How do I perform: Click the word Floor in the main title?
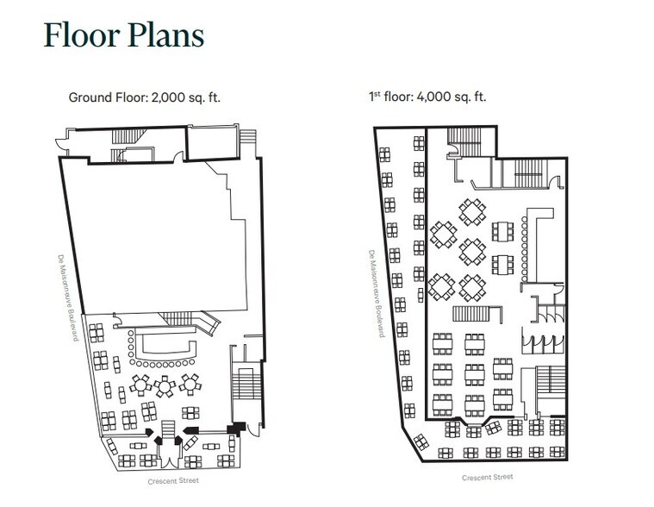pyautogui.click(x=82, y=34)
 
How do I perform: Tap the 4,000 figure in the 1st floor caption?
pyautogui.click(x=434, y=97)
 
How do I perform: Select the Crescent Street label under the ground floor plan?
pyautogui.click(x=173, y=481)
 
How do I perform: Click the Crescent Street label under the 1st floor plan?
pyautogui.click(x=488, y=477)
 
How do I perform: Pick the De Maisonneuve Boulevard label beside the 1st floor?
pyautogui.click(x=377, y=294)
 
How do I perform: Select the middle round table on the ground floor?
pyautogui.click(x=165, y=386)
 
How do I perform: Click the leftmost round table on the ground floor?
pyautogui.click(x=140, y=385)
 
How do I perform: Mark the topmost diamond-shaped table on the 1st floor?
pyautogui.click(x=472, y=211)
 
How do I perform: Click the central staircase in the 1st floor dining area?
pyautogui.click(x=470, y=314)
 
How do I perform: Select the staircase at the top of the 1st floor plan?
pyautogui.click(x=464, y=142)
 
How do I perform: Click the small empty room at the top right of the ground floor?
pyautogui.click(x=213, y=143)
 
